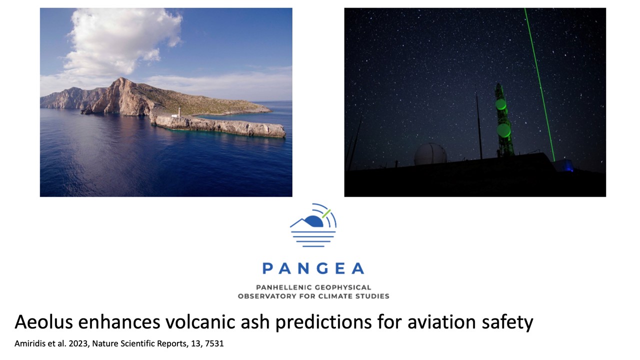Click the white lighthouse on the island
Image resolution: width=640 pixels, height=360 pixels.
(178, 112)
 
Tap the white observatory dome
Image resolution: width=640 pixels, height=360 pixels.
(430, 154)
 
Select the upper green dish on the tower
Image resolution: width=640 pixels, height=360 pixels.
(500, 104)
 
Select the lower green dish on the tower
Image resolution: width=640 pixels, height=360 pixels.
(503, 129)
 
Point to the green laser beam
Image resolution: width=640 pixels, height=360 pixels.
(539, 84)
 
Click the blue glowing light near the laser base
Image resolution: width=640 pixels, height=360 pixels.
(568, 167)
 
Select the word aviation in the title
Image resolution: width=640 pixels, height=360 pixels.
(442, 322)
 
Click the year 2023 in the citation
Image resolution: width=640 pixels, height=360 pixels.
(79, 343)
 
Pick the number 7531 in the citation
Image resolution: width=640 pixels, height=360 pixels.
(214, 343)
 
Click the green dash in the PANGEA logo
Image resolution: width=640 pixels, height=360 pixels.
(326, 213)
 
